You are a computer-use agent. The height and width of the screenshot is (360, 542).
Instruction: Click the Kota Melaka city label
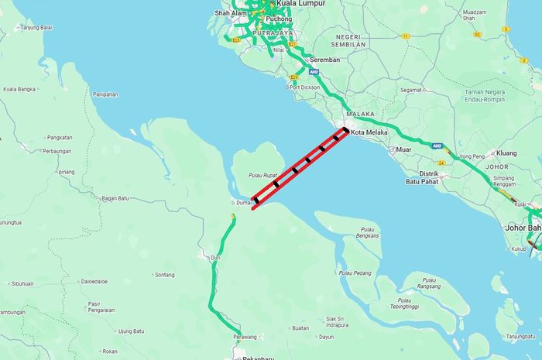(368, 132)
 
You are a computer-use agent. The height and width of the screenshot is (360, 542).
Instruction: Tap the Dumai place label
(244, 203)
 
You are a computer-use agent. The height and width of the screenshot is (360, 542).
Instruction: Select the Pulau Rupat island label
(262, 176)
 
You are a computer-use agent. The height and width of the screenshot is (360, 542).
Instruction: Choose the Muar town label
(403, 149)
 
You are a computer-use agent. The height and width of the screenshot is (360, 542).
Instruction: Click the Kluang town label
(506, 153)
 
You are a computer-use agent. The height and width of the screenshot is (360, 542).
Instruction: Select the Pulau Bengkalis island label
(367, 232)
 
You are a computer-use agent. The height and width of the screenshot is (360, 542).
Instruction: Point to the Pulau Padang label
(355, 273)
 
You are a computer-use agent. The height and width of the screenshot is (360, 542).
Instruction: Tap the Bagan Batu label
(115, 198)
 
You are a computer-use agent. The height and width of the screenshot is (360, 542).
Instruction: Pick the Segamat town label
(411, 90)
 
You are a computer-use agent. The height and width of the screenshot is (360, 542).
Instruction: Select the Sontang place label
(165, 275)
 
